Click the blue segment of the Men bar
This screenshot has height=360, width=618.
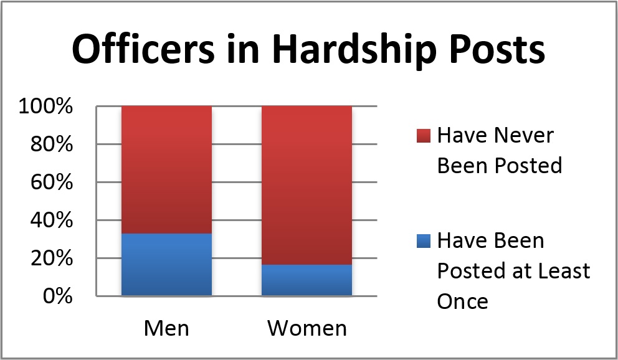[x=166, y=264]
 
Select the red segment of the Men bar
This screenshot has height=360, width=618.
[x=166, y=170]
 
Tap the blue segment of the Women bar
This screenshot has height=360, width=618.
[x=307, y=280]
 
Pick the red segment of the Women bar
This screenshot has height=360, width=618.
[x=307, y=185]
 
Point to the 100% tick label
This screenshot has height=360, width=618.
[x=45, y=107]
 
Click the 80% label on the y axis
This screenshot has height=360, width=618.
[x=52, y=144]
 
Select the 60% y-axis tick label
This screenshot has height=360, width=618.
[x=52, y=182]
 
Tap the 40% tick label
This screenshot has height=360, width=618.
[x=52, y=220]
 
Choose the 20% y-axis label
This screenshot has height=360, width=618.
[x=52, y=258]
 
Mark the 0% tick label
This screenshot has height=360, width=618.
[x=57, y=296]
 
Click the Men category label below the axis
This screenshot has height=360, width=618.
[x=166, y=328]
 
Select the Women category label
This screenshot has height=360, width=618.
[x=307, y=328]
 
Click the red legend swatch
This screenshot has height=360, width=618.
[x=423, y=135]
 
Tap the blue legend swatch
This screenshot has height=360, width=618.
[x=423, y=240]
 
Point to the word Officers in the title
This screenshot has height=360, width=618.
[x=144, y=49]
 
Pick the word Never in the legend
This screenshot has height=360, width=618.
[x=523, y=136]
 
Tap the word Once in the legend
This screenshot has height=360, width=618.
[x=463, y=301]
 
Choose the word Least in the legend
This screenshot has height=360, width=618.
[x=564, y=271]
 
